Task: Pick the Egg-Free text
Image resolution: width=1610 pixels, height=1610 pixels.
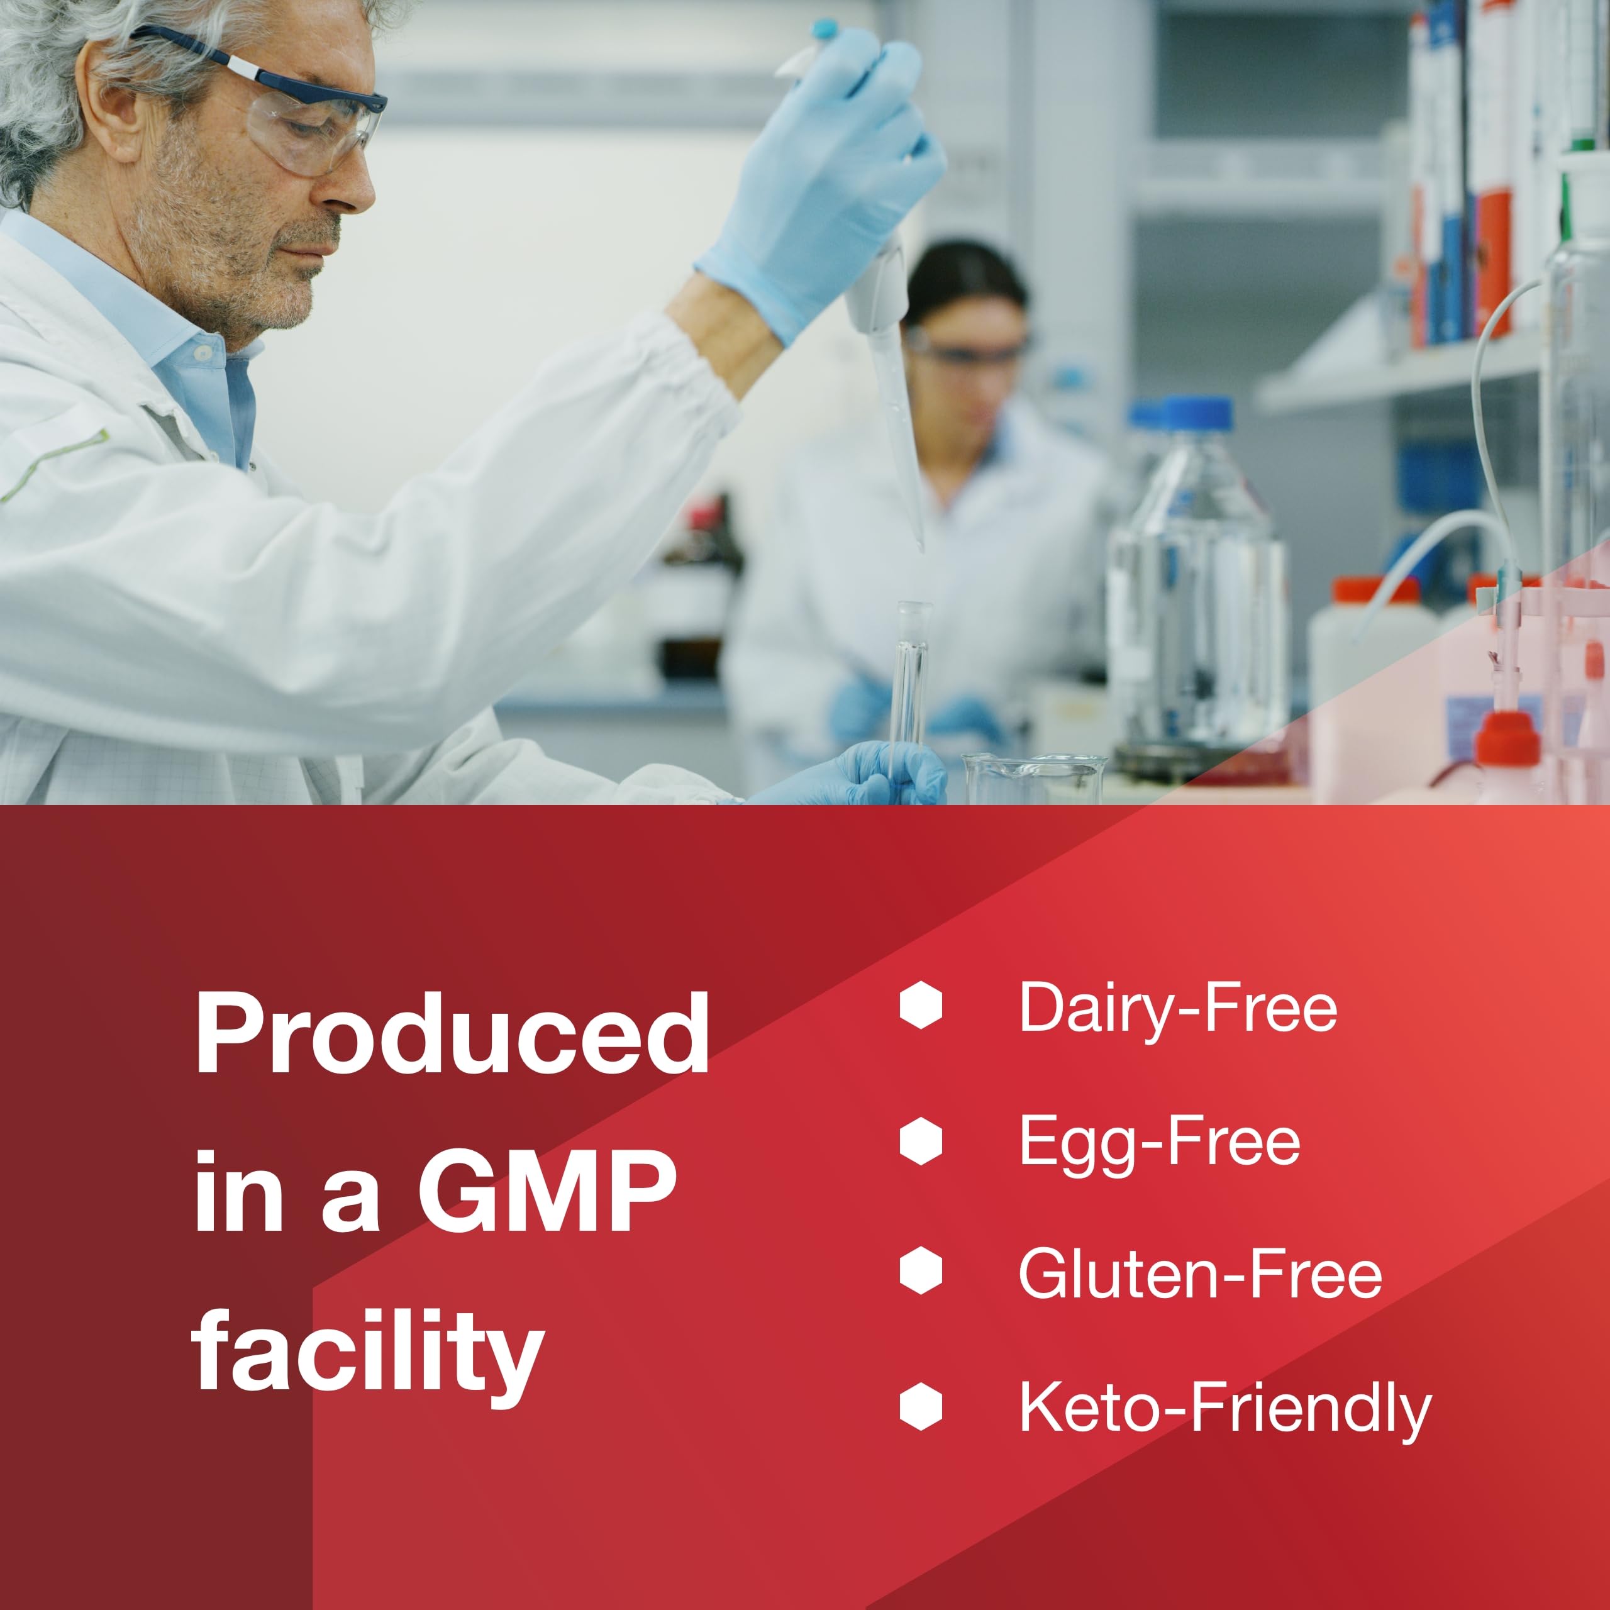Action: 1159,1141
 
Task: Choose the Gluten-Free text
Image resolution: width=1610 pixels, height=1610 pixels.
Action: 1201,1274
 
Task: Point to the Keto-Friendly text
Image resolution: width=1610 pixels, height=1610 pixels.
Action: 1225,1408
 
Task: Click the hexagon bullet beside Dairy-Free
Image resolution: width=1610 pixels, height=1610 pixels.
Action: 921,1005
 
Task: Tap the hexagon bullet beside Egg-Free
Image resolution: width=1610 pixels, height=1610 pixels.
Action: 921,1140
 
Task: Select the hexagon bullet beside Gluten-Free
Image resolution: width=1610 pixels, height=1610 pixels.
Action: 921,1272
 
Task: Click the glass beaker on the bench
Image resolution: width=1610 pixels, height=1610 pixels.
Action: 1034,779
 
